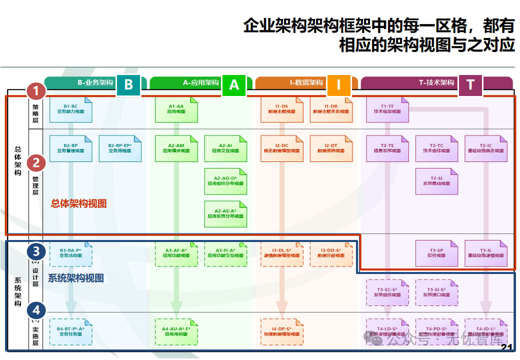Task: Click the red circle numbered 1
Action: (36, 91)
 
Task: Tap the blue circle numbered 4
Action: (36, 310)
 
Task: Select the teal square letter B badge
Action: (128, 84)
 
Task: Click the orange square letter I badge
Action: (339, 84)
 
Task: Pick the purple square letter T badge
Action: (470, 84)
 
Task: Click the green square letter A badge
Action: (234, 84)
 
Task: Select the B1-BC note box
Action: (70, 109)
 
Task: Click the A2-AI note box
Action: (225, 148)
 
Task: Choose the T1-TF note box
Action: (387, 109)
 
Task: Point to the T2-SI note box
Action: (436, 181)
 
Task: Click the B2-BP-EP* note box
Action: (120, 148)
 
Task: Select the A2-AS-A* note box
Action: (225, 214)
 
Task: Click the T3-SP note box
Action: (436, 253)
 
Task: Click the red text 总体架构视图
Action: (79, 203)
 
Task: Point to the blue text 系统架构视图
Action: (76, 278)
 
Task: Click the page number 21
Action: (507, 348)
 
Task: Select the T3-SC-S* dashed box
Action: (387, 292)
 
